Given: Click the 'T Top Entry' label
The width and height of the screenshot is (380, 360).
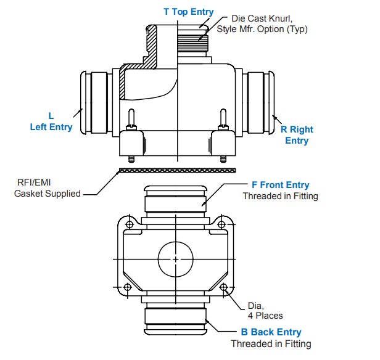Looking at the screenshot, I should [x=188, y=12].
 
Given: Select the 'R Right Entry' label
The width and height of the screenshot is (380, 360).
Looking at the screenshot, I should [x=297, y=135].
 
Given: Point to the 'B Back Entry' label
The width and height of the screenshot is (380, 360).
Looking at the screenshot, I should [x=271, y=332].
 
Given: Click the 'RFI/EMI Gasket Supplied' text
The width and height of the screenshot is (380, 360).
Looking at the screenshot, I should [x=47, y=188].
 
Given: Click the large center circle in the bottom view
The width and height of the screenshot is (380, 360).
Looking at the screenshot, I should [x=176, y=259].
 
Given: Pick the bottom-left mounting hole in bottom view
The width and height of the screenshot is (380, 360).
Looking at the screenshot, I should [x=128, y=287].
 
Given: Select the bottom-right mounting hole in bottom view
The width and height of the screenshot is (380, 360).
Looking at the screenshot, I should [x=223, y=287].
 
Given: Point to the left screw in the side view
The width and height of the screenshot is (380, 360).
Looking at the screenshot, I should [x=131, y=120].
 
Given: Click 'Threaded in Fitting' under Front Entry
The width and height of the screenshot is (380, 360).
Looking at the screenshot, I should [x=281, y=197].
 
